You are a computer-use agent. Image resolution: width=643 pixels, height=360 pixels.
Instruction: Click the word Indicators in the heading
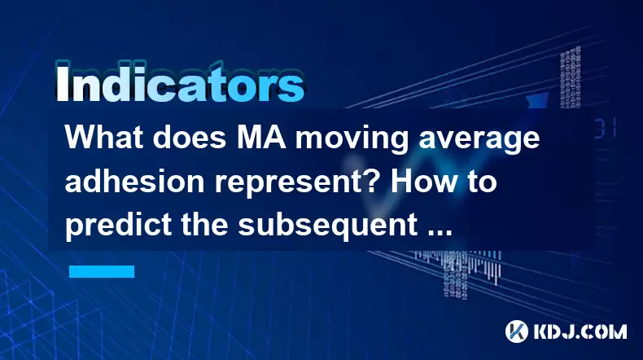tap(180, 84)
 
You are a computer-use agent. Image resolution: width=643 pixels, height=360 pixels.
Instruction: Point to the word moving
tap(352, 139)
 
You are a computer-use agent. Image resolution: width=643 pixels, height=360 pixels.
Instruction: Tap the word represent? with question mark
tap(298, 183)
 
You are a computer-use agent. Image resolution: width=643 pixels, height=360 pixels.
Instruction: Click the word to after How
tap(483, 182)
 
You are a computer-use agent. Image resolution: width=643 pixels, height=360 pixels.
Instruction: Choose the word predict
tap(118, 227)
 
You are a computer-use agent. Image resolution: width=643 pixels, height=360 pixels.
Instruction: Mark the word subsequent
tap(328, 227)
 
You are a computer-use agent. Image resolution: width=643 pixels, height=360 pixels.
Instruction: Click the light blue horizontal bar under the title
tap(102, 271)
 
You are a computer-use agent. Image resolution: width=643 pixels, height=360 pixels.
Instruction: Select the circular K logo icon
tap(517, 331)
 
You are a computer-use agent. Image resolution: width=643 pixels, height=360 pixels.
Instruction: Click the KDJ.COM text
tap(580, 331)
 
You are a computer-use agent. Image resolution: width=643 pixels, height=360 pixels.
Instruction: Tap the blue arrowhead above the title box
tap(537, 99)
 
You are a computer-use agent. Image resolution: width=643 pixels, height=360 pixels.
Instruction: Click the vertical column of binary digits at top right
tap(571, 77)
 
